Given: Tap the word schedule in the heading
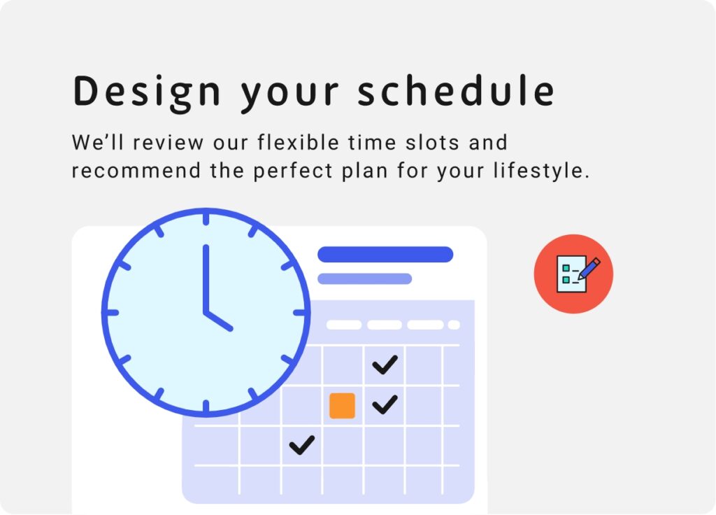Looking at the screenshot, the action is tap(456, 90).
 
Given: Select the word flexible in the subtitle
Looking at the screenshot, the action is tap(298, 142).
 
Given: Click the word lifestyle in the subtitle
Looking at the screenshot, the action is tap(541, 171).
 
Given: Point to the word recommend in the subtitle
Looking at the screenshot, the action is tap(136, 171).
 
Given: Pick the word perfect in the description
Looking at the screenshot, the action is tap(293, 171).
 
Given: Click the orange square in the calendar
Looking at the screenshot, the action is tap(342, 405).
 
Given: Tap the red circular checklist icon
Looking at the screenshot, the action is tap(573, 274).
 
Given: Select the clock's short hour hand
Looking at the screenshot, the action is tap(218, 320).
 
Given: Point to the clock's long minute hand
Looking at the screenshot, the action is tap(206, 280).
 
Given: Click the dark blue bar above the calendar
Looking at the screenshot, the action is tap(385, 255).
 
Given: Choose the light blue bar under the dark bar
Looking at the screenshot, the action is tap(365, 278).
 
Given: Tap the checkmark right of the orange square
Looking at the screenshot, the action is tap(385, 404).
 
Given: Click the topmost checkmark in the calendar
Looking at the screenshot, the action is tap(385, 365).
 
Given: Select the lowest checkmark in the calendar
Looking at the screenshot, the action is tap(302, 444).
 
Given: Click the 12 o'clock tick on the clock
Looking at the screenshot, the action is tap(206, 219).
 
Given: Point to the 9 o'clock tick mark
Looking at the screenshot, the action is tap(113, 313).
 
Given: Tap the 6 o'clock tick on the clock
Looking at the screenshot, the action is tap(206, 407).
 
